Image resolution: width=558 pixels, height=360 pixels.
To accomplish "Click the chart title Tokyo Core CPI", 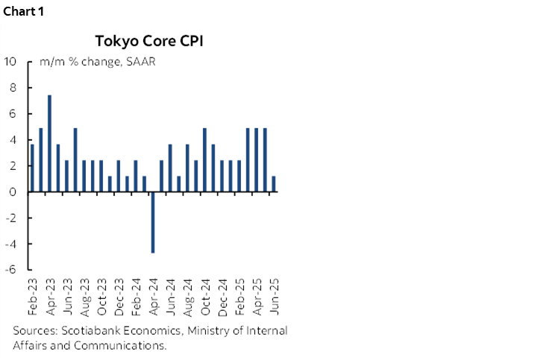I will (148, 40).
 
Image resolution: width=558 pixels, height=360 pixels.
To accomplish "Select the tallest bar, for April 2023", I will (49, 144).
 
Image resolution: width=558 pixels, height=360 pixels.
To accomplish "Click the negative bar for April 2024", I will (152, 222).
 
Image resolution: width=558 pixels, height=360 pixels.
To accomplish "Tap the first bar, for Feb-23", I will (32, 168).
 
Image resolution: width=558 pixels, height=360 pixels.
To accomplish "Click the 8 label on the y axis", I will (13, 87).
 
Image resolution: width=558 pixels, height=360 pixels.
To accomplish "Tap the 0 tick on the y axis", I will (13, 192).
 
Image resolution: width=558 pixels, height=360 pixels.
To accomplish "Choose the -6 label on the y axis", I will (11, 270).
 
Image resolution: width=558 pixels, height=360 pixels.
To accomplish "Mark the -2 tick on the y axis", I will (11, 218).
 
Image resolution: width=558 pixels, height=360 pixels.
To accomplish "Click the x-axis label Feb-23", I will (32, 297).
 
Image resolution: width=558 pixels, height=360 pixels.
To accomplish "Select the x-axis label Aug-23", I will (84, 297).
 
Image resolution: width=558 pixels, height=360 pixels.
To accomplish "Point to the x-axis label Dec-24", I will (221, 297).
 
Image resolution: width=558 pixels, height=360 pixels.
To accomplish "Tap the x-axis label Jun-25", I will (273, 297).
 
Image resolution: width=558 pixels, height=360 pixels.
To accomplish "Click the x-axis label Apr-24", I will (152, 297).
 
